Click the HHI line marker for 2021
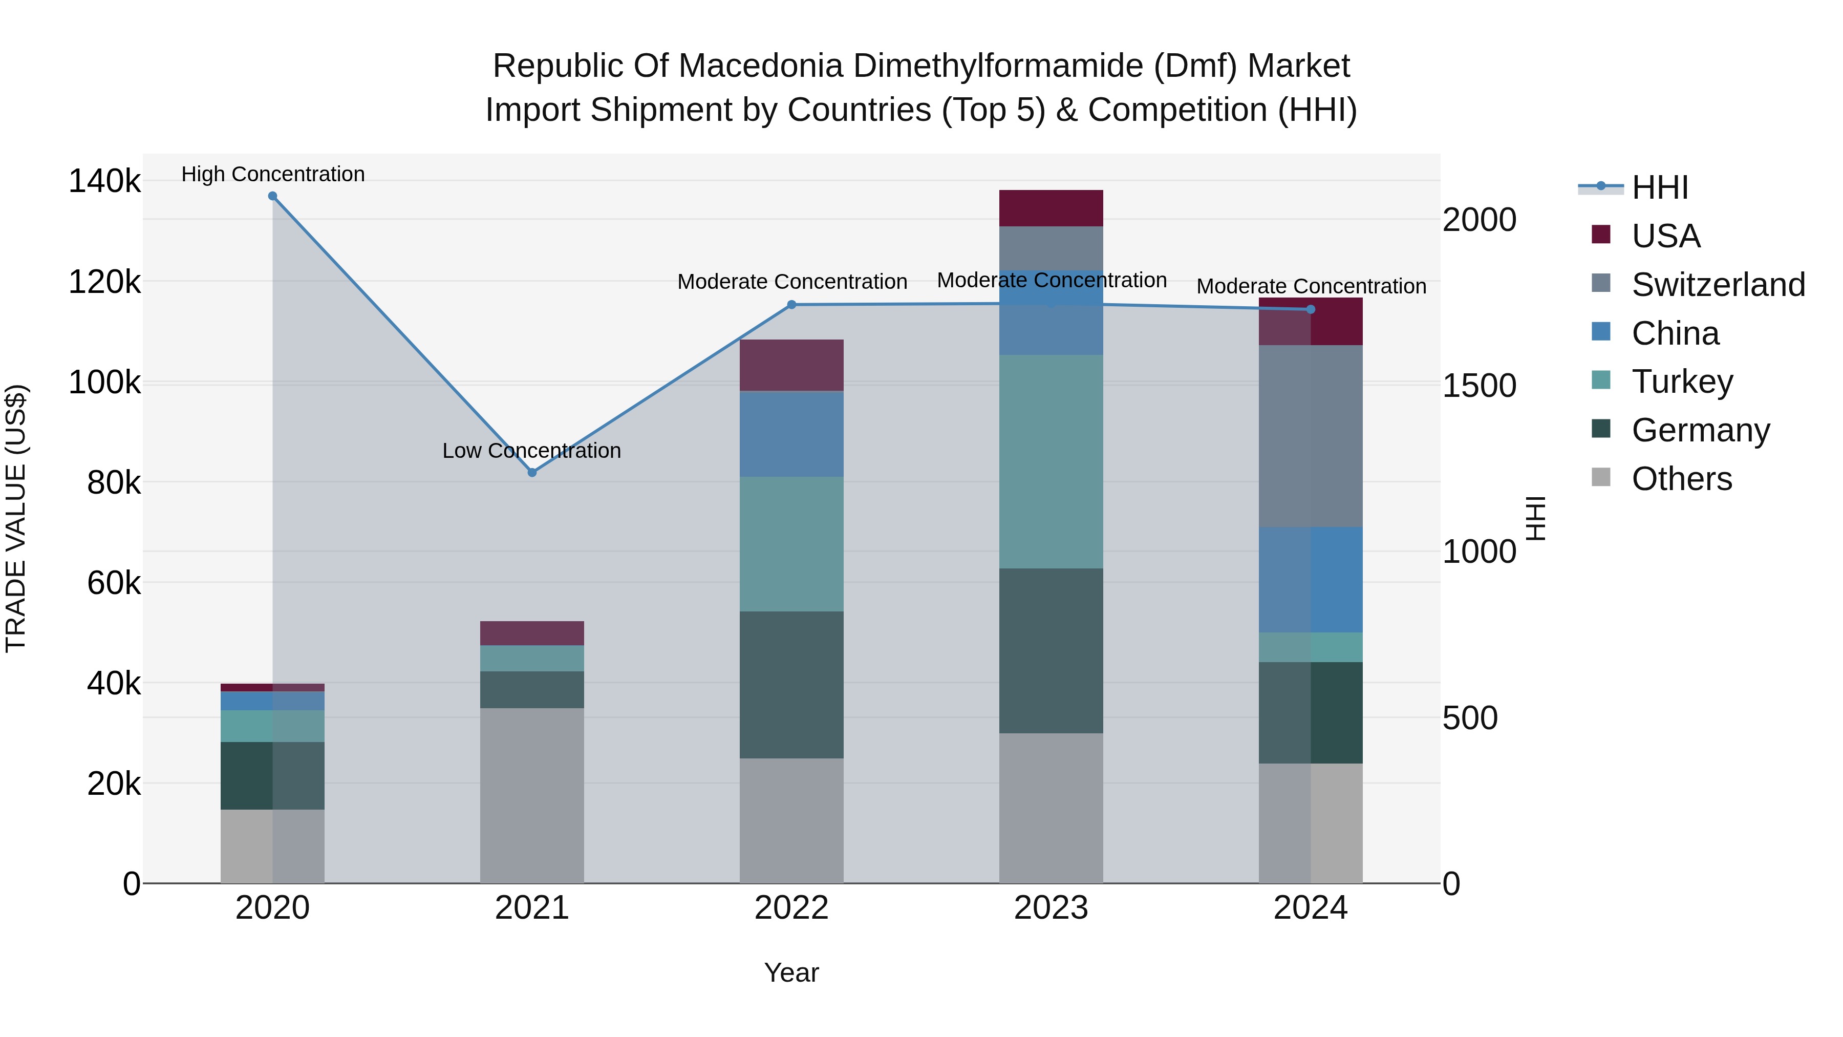click(x=531, y=472)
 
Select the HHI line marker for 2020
click(x=272, y=196)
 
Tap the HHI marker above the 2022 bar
click(x=791, y=305)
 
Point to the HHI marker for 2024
click(x=1311, y=309)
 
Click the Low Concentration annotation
click(x=531, y=451)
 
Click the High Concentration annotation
click(x=272, y=175)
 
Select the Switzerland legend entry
click(x=1717, y=285)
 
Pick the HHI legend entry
click(x=1659, y=187)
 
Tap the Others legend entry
click(x=1681, y=479)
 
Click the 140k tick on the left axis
click(x=104, y=181)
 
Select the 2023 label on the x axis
click(x=1051, y=908)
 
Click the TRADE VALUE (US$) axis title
click(x=16, y=518)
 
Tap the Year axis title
click(x=791, y=972)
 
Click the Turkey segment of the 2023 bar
click(x=1051, y=461)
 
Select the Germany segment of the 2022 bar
click(x=791, y=684)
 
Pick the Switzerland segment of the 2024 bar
click(x=1311, y=436)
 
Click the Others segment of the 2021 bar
click(x=531, y=795)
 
